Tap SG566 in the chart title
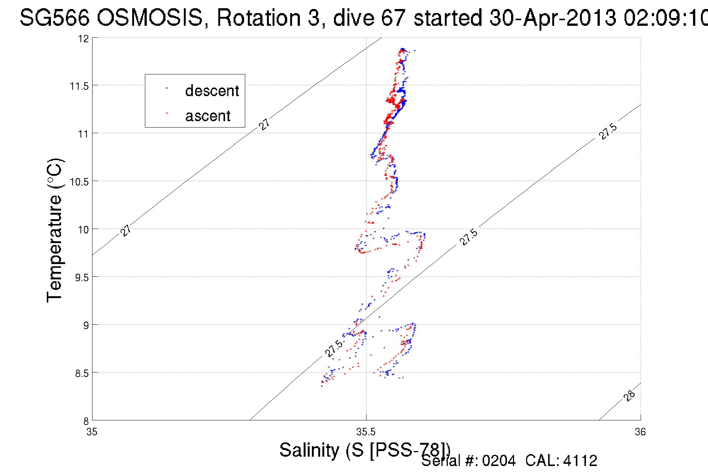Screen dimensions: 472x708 54,18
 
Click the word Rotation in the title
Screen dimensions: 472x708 258,18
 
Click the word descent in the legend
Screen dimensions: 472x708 212,91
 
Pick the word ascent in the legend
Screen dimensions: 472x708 208,116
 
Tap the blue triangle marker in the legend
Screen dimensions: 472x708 167,88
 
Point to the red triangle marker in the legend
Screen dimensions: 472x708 167,113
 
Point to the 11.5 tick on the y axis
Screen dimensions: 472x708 79,86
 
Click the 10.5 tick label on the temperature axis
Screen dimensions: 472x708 79,182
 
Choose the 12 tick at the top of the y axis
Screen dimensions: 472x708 84,39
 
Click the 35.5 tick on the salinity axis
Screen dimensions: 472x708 366,432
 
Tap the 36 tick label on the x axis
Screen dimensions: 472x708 640,432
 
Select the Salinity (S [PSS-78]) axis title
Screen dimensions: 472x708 365,450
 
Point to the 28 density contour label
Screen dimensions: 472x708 630,395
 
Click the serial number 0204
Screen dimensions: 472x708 499,461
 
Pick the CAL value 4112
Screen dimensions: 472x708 580,461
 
